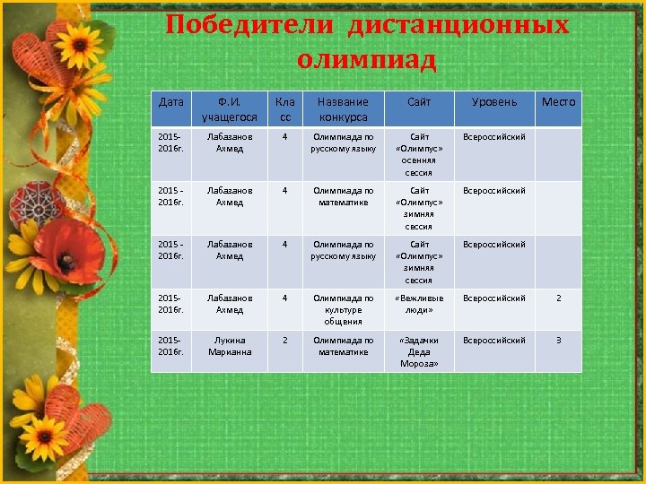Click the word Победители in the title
(250, 24)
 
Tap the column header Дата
(170, 102)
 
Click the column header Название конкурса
(343, 109)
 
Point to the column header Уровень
(494, 102)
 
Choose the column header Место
(558, 102)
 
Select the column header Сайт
(419, 102)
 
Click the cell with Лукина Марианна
(230, 346)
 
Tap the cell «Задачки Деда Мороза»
(419, 351)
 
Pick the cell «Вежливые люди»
(419, 304)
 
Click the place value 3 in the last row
(558, 341)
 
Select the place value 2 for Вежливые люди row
(558, 298)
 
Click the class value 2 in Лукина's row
(284, 341)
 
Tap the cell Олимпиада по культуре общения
(343, 309)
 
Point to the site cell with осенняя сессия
(419, 154)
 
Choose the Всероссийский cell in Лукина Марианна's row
(494, 341)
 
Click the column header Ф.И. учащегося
(230, 109)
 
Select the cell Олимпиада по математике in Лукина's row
(343, 346)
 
